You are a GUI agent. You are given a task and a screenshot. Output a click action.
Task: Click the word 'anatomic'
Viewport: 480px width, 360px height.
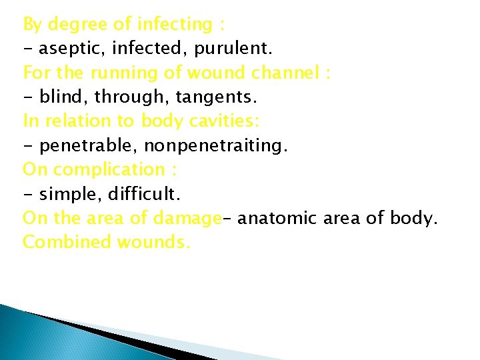(x=278, y=218)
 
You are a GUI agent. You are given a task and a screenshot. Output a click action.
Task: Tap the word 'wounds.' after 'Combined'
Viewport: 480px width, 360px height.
(x=154, y=242)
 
